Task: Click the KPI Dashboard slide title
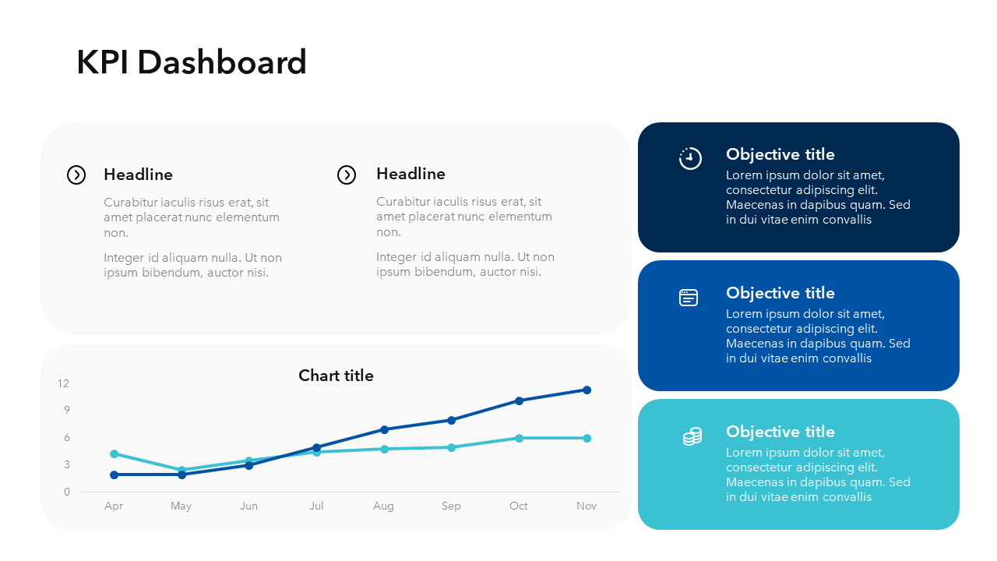(x=192, y=62)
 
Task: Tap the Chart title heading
(x=336, y=376)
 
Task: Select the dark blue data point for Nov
(x=587, y=390)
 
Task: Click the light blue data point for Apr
(x=114, y=453)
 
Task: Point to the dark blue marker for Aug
(x=384, y=429)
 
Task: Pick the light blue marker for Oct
(x=519, y=438)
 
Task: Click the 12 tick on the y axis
(x=64, y=383)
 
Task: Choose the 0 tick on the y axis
(x=67, y=492)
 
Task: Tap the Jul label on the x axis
(x=316, y=506)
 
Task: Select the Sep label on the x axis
(x=451, y=506)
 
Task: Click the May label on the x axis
(x=181, y=506)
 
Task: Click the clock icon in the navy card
(x=690, y=158)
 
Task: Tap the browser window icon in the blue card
(x=689, y=298)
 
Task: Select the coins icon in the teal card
(x=692, y=436)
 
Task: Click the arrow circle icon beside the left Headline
(x=76, y=175)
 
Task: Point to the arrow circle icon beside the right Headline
(x=347, y=175)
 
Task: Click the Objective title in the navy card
(x=780, y=154)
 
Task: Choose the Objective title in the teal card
(x=780, y=432)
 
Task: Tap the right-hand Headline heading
(x=410, y=174)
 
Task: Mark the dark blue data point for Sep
(x=451, y=420)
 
